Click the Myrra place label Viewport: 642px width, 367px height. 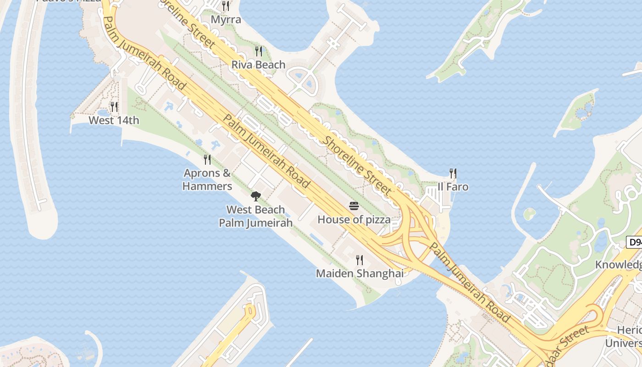coord(226,20)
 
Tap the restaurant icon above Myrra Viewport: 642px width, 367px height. coord(225,6)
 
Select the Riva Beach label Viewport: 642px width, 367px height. coord(258,65)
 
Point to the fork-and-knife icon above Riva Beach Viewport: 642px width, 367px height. coord(259,50)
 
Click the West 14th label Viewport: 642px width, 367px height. coord(114,121)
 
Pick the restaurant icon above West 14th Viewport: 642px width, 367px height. coord(114,106)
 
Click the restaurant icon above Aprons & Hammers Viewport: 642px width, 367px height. coord(207,159)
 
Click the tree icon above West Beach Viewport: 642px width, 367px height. coord(255,196)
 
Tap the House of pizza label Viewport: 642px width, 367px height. coord(354,220)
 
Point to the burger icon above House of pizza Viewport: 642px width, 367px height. coord(354,206)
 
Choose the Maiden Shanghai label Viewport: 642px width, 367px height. coord(360,274)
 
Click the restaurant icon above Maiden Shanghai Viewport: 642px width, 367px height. coord(360,260)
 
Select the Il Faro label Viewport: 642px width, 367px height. coord(453,187)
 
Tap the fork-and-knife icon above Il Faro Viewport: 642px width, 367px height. coord(453,173)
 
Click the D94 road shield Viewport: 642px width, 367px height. coord(635,242)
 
